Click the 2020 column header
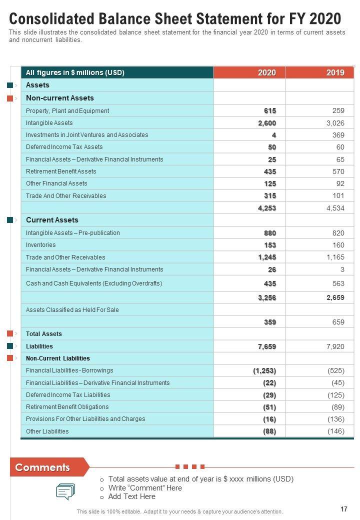(x=267, y=72)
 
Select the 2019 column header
(x=335, y=72)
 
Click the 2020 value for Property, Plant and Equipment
(x=270, y=111)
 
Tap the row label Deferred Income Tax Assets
(x=64, y=147)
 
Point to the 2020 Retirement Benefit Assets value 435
(x=270, y=171)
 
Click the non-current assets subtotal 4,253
(x=267, y=208)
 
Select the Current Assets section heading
(x=52, y=220)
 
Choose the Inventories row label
(x=41, y=245)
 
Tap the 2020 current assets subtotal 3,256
(x=267, y=297)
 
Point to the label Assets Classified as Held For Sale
(x=72, y=310)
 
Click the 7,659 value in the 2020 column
(x=267, y=346)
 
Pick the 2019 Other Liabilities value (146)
(x=336, y=431)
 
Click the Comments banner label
(x=42, y=467)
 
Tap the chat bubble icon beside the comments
(x=65, y=491)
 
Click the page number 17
(x=344, y=509)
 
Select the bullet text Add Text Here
(x=132, y=496)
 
